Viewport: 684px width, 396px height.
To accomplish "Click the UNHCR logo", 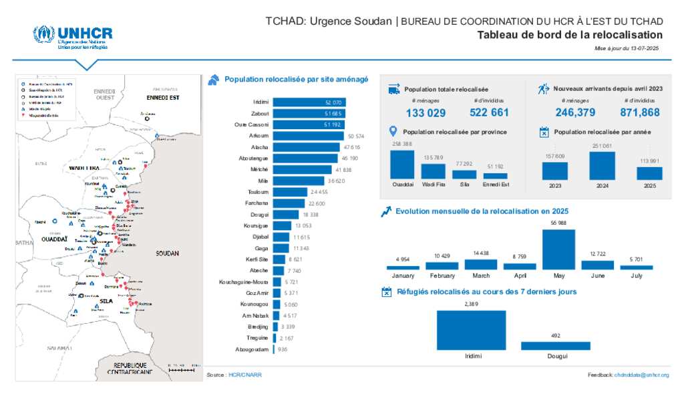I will point(73,37).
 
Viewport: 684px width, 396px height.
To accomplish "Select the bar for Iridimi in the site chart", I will point(309,102).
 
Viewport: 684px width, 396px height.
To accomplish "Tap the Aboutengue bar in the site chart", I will point(305,159).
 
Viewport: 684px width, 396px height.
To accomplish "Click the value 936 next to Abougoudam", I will point(283,349).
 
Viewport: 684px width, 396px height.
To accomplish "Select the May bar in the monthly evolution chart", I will point(558,250).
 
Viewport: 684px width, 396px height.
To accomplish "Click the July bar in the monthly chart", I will point(636,267).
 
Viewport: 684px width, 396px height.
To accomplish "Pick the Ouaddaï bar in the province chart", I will point(402,164).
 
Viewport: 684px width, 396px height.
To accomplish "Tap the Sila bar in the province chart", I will point(464,174).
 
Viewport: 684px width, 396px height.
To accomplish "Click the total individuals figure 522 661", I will point(489,113).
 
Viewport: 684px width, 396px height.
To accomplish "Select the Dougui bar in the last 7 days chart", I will point(555,346).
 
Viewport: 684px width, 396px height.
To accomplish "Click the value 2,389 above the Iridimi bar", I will point(472,304).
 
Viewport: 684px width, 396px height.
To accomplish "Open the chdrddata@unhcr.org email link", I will point(641,375).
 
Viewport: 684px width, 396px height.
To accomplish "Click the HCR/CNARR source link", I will point(245,375).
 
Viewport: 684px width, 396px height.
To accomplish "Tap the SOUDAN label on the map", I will point(167,254).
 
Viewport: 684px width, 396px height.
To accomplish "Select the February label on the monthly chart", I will point(442,275).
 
